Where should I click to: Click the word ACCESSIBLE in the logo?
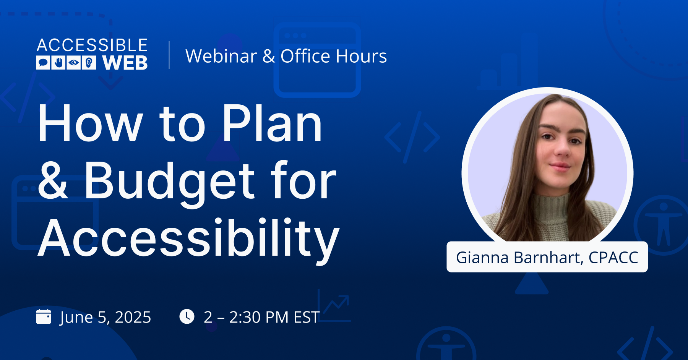[92, 45]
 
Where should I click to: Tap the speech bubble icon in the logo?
[43, 63]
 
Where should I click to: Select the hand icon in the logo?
[58, 63]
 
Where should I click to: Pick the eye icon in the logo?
[74, 63]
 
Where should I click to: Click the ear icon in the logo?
[89, 63]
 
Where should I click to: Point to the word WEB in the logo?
[125, 63]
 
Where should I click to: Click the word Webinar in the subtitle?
[221, 56]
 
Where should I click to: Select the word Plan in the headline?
[273, 124]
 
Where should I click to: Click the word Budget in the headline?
[169, 182]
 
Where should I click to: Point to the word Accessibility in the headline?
[189, 239]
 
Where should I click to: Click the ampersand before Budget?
[53, 180]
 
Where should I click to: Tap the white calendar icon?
[44, 316]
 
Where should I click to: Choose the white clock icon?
[187, 316]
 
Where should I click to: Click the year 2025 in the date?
[133, 317]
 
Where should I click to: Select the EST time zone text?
[307, 317]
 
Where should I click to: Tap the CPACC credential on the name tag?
[613, 258]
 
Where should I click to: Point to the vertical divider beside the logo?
[169, 55]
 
